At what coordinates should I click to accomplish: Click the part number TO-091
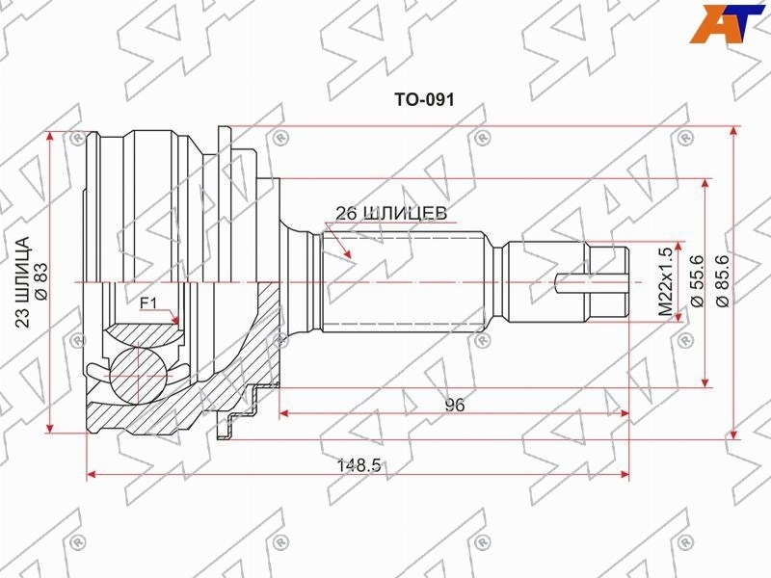point(424,100)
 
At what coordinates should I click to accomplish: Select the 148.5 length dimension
point(359,464)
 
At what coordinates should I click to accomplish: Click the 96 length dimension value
point(455,405)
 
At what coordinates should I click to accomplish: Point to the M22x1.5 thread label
point(665,281)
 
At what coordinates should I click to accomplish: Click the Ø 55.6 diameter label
point(697,281)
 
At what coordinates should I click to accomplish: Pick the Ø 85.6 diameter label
point(725,281)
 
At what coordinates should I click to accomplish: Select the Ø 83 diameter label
point(40,281)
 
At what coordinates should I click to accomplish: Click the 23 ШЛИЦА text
point(22,281)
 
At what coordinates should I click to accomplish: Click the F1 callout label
point(148,303)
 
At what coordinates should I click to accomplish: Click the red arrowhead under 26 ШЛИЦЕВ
point(347,252)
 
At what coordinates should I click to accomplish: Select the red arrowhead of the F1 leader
point(174,320)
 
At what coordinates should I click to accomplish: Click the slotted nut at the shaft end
point(608,282)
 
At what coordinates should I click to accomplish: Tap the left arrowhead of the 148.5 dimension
point(91,474)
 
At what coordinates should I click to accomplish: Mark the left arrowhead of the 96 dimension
point(283,414)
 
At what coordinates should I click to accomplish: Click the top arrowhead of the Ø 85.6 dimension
point(733,131)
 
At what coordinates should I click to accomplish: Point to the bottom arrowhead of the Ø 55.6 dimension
point(705,382)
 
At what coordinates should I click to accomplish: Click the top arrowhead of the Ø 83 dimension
point(50,137)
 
